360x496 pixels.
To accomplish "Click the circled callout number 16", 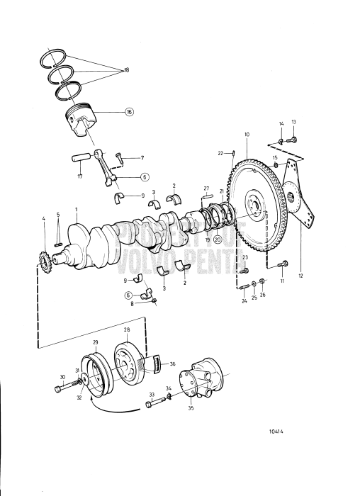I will point(129,112).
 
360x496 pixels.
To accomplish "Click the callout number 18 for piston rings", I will point(127,71).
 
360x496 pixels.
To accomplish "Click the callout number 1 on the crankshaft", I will point(76,209).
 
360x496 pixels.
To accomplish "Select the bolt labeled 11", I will point(279,265).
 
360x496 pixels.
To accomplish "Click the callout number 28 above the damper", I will point(127,330).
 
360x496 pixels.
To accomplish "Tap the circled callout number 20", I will point(218,240).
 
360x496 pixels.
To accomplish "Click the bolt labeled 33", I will point(154,405).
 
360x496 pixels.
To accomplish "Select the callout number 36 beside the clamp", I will point(171,364).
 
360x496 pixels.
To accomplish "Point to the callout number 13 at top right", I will point(294,122).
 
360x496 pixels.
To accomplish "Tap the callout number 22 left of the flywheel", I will point(220,153).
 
